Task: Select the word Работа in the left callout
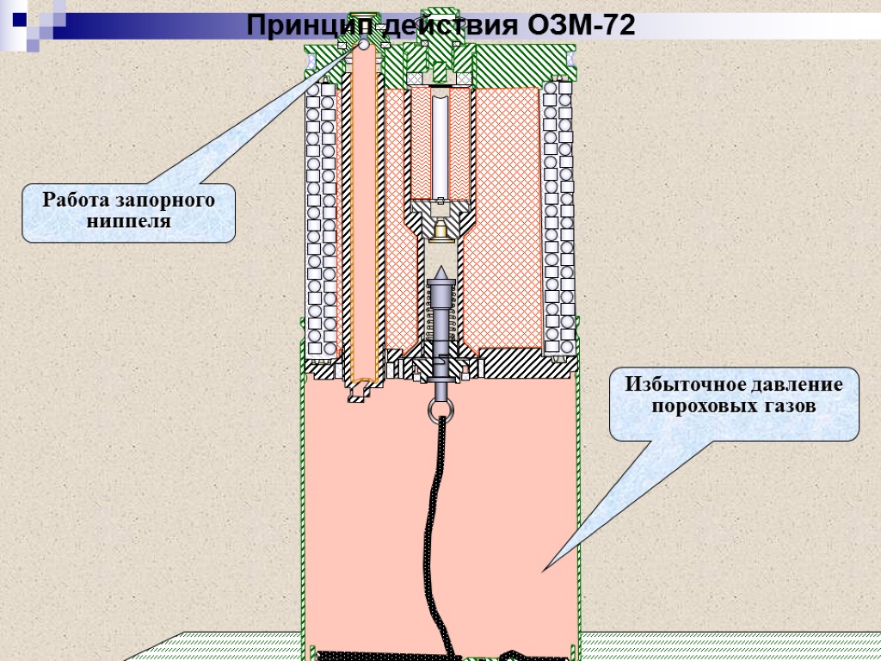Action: click(x=77, y=201)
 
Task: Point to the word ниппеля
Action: click(x=129, y=221)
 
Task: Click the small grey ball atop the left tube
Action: click(x=363, y=44)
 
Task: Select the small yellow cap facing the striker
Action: click(x=441, y=231)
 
